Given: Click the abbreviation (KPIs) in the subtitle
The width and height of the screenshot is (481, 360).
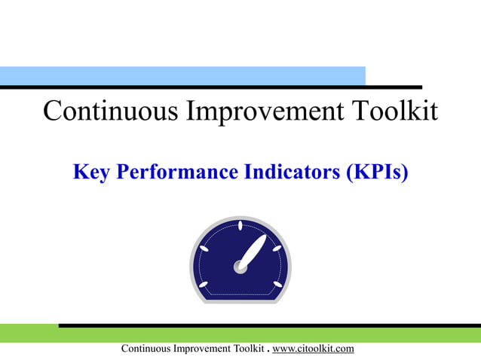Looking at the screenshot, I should pos(377,172).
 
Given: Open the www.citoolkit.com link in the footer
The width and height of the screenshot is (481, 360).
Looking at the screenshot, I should pos(313,349).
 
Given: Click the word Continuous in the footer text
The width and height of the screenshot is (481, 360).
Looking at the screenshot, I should pos(147,349).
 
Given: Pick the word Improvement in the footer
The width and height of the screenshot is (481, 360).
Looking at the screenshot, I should pos(199,349).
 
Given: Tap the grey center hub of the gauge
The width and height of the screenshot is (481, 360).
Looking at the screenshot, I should pos(240,265).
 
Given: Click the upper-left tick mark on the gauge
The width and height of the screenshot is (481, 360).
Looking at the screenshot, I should pos(204,248).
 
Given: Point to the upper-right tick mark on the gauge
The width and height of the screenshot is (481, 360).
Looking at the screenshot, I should pos(277,248).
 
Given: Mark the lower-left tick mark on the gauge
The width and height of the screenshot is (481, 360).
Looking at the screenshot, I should pos(204,284).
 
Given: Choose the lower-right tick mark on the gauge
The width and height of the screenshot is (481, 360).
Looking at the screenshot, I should pos(277,284).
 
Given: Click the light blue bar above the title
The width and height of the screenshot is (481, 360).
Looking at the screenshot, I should pos(181,75).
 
